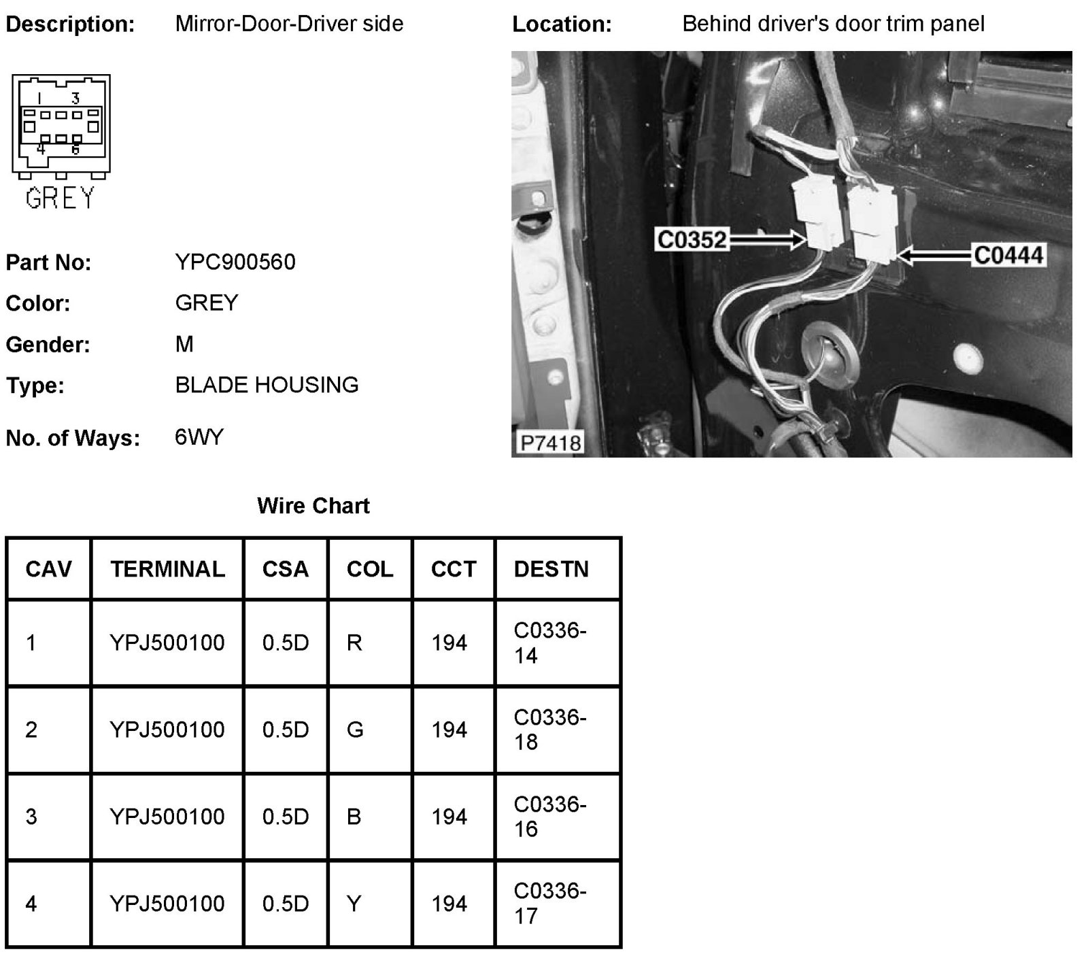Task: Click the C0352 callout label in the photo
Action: click(x=692, y=239)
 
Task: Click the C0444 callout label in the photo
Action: click(x=1008, y=256)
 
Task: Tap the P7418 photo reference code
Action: click(x=550, y=443)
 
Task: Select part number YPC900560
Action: click(x=235, y=262)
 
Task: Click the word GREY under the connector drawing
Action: click(x=60, y=198)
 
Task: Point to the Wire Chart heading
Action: click(x=313, y=506)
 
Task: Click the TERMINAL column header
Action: click(x=167, y=569)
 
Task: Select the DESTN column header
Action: click(x=551, y=569)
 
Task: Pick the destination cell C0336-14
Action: click(x=549, y=643)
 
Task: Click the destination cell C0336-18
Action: click(x=549, y=730)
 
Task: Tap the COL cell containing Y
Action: click(x=354, y=904)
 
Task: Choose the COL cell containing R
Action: click(x=354, y=643)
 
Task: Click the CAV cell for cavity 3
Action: click(x=31, y=817)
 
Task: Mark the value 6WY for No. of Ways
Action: click(x=199, y=437)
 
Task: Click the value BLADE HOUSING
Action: click(x=267, y=385)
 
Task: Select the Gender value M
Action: click(x=184, y=344)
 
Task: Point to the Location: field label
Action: click(x=562, y=24)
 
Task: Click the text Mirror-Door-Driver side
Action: click(x=289, y=24)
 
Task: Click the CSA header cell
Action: click(x=285, y=569)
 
